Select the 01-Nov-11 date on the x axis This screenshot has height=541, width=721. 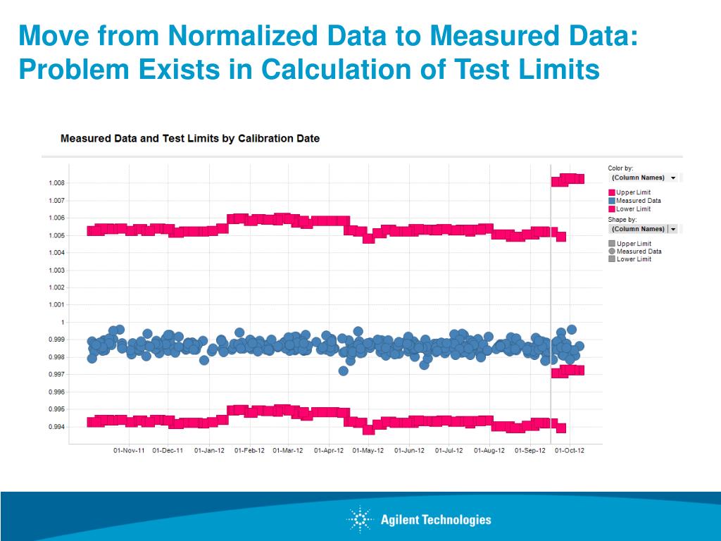pos(129,451)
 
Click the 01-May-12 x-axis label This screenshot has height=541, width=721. pos(369,451)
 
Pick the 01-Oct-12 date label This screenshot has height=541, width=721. pos(570,451)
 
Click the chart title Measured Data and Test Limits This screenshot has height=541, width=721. pos(190,139)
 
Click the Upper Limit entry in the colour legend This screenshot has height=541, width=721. pos(633,192)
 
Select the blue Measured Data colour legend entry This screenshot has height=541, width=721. pos(638,201)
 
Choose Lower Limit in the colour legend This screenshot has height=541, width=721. pos(633,209)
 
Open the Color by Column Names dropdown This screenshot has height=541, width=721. pos(644,178)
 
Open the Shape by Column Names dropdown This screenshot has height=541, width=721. pos(644,229)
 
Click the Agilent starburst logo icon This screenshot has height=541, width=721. pos(358,520)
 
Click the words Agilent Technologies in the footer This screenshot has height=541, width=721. pos(436,521)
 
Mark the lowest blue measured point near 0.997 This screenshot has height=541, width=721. pos(344,371)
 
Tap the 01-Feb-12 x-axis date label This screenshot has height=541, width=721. pos(250,451)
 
